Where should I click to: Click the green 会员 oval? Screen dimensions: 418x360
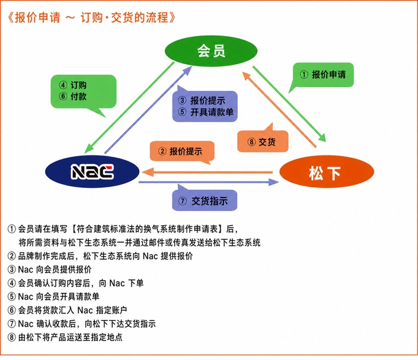[x=211, y=50]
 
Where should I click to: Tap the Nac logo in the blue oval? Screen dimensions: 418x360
[x=92, y=171]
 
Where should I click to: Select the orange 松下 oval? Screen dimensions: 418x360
[x=327, y=172]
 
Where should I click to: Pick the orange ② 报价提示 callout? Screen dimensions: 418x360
[x=183, y=152]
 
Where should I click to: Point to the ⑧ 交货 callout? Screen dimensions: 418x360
[x=263, y=139]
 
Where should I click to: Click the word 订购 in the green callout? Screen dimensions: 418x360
[x=78, y=85]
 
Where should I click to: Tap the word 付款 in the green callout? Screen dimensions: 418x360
[x=78, y=96]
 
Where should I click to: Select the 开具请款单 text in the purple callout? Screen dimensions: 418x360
[x=212, y=112]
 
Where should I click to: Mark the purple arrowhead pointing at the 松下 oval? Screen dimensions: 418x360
[x=273, y=182]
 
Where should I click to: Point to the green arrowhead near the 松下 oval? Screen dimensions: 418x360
[x=321, y=138]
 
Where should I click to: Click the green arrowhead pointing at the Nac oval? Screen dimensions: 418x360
[x=89, y=148]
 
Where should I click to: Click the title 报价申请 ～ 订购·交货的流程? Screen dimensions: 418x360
[x=91, y=18]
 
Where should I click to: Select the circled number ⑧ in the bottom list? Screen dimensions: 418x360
[x=12, y=337]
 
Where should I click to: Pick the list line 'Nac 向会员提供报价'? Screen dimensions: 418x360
[x=55, y=269]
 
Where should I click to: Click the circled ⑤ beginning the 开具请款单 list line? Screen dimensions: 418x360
[x=12, y=297]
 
